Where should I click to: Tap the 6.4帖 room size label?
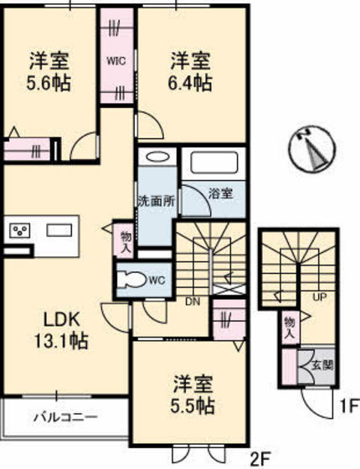[x=192, y=83]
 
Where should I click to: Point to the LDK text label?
[x=61, y=320]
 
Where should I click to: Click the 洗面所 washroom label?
[x=156, y=201]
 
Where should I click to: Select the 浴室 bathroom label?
[x=221, y=193]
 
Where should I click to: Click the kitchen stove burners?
[x=20, y=229]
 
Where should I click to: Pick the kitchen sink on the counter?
[x=59, y=229]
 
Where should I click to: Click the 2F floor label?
[x=261, y=458]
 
